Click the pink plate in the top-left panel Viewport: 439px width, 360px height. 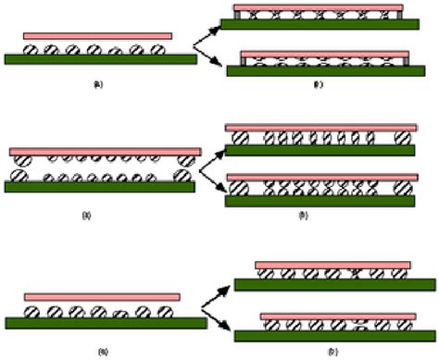97,36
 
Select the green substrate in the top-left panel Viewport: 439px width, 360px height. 100,59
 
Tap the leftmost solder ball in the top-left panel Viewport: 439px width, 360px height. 31,49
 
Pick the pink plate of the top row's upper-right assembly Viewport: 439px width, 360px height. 321,8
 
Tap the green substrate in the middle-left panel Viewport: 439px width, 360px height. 100,186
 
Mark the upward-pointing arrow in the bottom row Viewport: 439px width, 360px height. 220,292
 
